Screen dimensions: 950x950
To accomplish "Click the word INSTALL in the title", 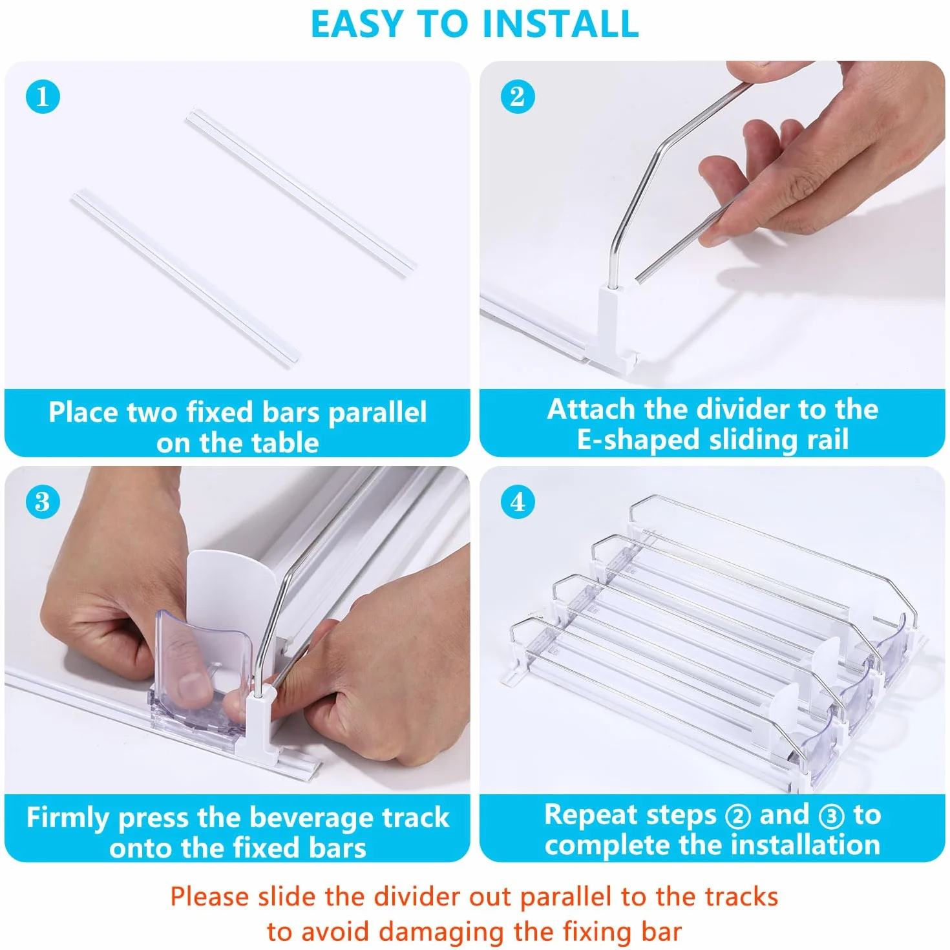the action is pos(560,23).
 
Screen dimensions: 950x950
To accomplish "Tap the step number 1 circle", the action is pos(43,96).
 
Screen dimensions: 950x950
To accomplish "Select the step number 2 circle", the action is pos(518,96).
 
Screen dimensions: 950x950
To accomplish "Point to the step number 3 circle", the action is pos(43,502).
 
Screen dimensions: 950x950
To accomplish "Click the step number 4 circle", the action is pos(518,502).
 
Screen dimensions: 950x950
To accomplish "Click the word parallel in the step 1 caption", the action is pos(377,412).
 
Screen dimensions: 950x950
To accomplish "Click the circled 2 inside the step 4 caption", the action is pos(738,816).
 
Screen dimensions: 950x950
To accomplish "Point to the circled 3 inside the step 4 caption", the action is pos(831,816).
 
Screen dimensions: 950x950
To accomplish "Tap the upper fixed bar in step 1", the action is pos(301,193).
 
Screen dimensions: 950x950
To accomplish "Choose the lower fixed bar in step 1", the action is pos(186,279).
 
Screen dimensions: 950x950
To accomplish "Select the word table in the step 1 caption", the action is pos(285,442).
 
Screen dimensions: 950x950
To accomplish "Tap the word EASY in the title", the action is pos(357,23).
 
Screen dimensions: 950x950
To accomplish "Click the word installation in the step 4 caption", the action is pos(805,845).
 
